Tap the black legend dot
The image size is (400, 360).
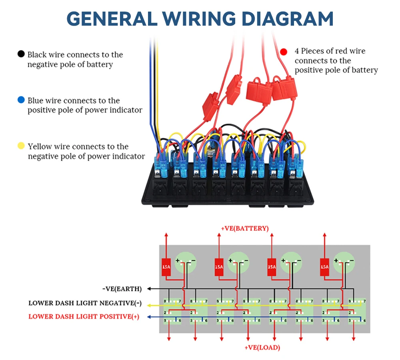[21, 54]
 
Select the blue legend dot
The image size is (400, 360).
[21, 100]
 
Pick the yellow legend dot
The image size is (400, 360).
[21, 146]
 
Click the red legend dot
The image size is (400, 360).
[284, 52]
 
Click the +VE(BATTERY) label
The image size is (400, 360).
[244, 228]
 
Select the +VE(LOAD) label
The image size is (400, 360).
[262, 348]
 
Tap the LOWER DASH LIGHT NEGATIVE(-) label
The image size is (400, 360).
[85, 303]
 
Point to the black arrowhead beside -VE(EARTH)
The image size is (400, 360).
[150, 288]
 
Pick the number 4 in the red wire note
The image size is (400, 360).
[297, 51]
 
